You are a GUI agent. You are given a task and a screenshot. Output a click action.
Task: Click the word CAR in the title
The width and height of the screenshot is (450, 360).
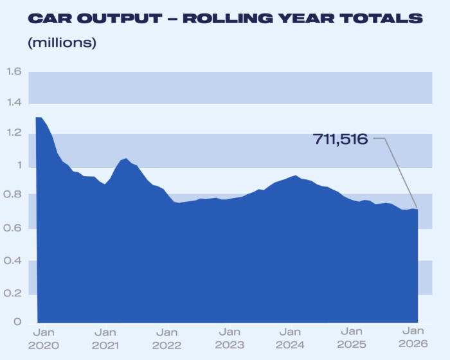[x=48, y=18]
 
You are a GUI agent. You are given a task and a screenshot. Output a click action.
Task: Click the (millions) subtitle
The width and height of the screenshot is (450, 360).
[x=62, y=43]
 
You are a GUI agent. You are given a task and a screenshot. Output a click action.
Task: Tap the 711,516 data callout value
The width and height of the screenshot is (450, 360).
[x=340, y=138]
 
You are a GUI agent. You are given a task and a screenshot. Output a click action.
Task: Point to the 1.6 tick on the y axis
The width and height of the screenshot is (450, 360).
[x=14, y=71]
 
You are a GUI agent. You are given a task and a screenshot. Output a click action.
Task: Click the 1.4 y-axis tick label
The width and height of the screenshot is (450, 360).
[x=14, y=103]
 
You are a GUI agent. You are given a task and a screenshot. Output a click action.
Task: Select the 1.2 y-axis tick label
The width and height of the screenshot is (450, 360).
[x=14, y=134]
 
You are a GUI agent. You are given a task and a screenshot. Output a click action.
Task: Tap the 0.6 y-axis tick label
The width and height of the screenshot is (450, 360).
[x=14, y=228]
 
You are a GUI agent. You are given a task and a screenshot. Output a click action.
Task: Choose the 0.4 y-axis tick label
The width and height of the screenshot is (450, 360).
[x=14, y=261]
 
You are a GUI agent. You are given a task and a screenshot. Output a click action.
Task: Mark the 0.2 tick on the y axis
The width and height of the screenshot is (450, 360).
[x=14, y=292]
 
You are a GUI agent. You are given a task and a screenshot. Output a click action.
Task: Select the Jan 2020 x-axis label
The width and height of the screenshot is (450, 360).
[x=43, y=338]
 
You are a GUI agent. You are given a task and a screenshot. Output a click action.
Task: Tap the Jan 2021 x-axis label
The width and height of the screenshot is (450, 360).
[x=105, y=338]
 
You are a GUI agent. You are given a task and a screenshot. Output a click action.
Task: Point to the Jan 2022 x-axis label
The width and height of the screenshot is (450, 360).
[x=166, y=338]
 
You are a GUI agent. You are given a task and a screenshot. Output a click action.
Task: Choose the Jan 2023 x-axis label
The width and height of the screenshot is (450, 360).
[x=230, y=338]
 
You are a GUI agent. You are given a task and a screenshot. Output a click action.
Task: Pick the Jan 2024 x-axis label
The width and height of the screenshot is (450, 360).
[x=291, y=338]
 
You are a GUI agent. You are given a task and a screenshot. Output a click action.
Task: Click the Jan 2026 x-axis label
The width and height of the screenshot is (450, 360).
[x=413, y=338]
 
